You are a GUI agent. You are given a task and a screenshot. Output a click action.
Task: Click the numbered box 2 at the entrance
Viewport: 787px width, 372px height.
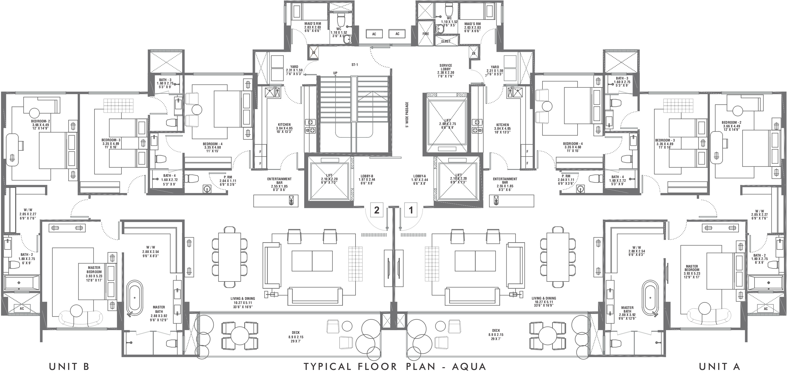[x=377, y=210]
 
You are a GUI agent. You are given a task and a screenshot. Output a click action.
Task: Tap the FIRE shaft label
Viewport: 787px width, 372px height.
[x=426, y=34]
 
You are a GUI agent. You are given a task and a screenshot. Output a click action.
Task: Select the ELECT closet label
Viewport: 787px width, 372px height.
[x=446, y=41]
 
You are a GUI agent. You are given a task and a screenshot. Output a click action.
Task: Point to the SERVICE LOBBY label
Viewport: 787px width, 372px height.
[x=446, y=69]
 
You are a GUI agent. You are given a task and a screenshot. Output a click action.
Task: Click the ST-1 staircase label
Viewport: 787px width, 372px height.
[x=354, y=65]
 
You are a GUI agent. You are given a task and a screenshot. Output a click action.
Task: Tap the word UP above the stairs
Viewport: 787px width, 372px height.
[x=335, y=73]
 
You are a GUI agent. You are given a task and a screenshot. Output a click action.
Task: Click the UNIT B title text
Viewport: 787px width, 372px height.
[x=69, y=366]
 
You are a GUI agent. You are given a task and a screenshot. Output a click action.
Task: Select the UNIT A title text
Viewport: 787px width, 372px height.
[x=719, y=366]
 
